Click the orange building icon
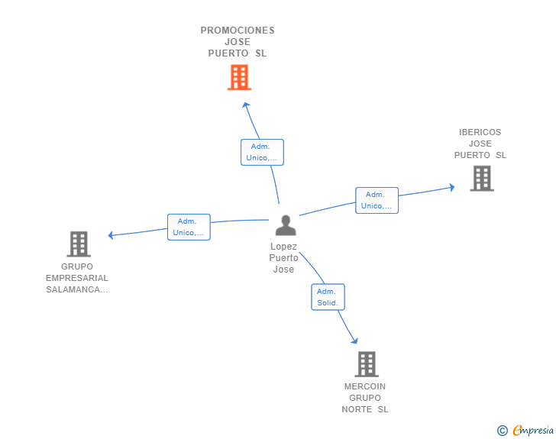click(x=239, y=77)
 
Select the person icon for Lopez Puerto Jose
click(x=286, y=225)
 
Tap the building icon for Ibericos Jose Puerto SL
click(x=482, y=179)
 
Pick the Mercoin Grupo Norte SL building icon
click(x=367, y=364)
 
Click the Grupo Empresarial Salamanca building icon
click(x=79, y=244)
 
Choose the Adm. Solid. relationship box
click(x=328, y=297)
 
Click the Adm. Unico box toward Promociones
click(x=262, y=152)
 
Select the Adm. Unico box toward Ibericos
click(x=377, y=200)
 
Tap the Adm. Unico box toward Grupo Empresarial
click(x=189, y=227)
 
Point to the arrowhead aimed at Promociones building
click(x=246, y=105)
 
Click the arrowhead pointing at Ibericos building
click(x=452, y=187)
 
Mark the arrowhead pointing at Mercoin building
click(x=354, y=341)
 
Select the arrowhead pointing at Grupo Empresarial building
click(x=111, y=235)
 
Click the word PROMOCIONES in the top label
click(x=238, y=31)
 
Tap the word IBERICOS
click(x=480, y=132)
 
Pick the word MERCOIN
click(x=365, y=386)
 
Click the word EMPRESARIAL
click(x=77, y=278)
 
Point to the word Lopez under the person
click(x=283, y=246)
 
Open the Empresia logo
click(x=533, y=430)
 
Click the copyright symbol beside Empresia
click(x=503, y=431)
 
